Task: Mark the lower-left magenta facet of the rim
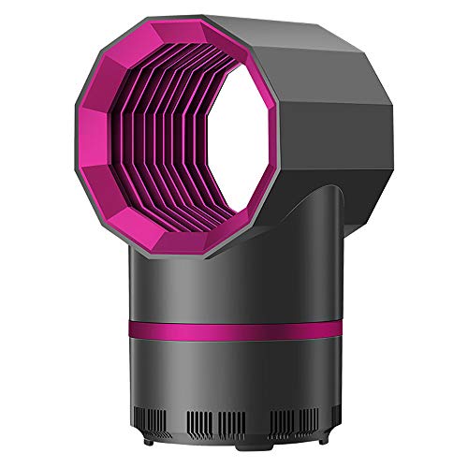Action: pyautogui.click(x=107, y=211)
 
